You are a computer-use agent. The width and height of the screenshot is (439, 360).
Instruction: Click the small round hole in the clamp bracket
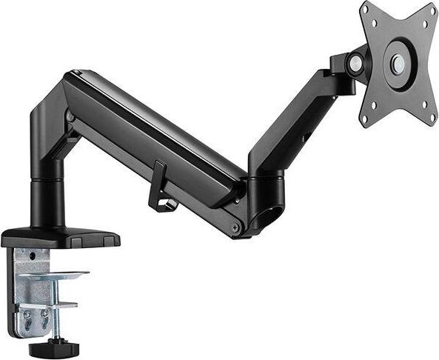click(32, 256)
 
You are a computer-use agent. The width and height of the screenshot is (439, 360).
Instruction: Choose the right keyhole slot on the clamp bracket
click(44, 314)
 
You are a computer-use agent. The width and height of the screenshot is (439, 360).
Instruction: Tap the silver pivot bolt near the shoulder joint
click(71, 117)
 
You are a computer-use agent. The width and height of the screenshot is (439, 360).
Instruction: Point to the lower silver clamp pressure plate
click(63, 304)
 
